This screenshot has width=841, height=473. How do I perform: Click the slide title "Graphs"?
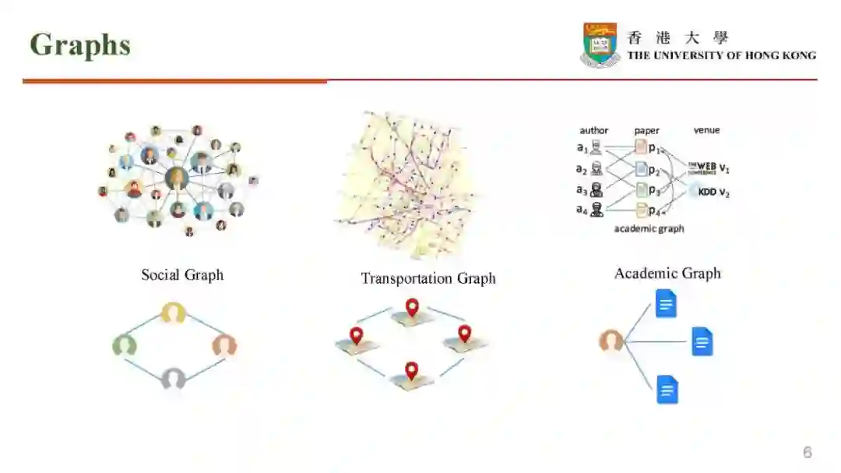[79, 45]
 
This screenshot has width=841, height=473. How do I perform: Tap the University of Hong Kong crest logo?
[600, 44]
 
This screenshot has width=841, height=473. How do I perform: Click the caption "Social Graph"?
[182, 274]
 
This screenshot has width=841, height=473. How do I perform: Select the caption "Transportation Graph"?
[428, 278]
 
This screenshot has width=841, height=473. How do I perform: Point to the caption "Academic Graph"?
[667, 273]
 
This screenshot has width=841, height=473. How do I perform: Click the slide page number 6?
[808, 452]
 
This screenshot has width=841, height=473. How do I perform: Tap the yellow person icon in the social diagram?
[173, 313]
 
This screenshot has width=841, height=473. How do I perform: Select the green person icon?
[125, 344]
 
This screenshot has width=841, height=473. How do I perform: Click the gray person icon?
[174, 379]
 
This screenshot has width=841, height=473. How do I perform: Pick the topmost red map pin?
[412, 306]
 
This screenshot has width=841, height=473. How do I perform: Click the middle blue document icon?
[702, 341]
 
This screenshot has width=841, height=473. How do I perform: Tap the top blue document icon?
[666, 303]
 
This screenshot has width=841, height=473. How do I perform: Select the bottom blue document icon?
[667, 389]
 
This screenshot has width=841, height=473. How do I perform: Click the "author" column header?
[594, 130]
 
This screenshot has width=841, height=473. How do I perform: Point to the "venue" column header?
[706, 130]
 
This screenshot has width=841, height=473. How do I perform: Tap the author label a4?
[582, 209]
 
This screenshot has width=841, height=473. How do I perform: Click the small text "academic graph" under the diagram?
[649, 228]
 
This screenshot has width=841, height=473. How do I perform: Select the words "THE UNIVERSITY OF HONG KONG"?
[722, 55]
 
